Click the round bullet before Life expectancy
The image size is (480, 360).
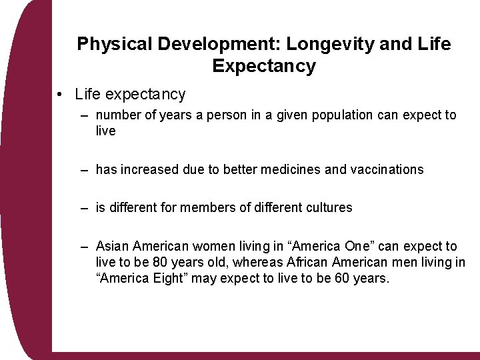[61, 95]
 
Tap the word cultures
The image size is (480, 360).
[329, 208]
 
